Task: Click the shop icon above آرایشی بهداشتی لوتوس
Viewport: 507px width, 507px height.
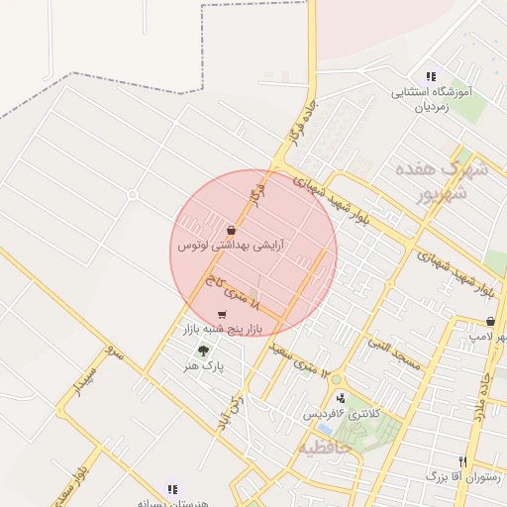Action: (x=231, y=230)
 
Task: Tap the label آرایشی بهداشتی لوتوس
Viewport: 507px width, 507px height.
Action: (x=230, y=245)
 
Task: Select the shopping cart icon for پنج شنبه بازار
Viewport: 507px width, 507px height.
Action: (x=221, y=314)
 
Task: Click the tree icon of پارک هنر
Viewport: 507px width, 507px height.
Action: (x=204, y=351)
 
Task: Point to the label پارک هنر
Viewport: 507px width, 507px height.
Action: (x=204, y=365)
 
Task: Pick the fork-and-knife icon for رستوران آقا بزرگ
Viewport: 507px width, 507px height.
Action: (x=462, y=461)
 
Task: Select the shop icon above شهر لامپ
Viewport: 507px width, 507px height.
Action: (x=492, y=321)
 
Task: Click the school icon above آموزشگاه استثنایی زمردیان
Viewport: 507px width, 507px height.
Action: (x=430, y=76)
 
